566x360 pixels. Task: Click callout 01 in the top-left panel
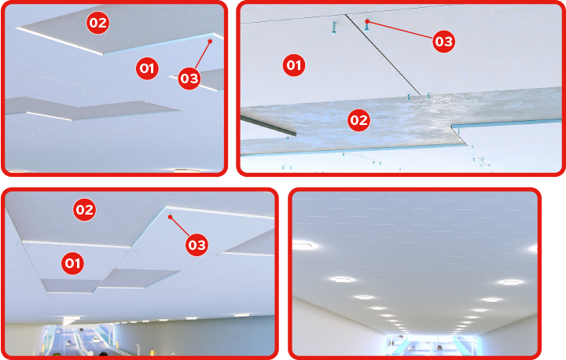(x=147, y=68)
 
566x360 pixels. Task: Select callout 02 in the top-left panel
(x=97, y=23)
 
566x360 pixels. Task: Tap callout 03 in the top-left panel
(x=189, y=79)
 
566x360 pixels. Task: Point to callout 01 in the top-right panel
(x=294, y=65)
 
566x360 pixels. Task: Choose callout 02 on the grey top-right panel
(x=358, y=120)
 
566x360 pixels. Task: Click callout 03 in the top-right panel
(x=443, y=42)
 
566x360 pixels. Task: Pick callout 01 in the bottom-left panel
(x=72, y=263)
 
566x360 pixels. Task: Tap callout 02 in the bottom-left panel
(x=84, y=209)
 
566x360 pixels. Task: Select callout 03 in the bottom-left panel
(x=197, y=245)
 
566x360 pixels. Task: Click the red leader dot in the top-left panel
(x=210, y=41)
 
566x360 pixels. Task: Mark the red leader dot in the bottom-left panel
(x=170, y=217)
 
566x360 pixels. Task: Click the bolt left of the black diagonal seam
(x=334, y=28)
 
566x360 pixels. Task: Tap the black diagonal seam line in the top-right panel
(x=382, y=55)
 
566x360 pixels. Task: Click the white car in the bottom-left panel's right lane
(x=96, y=340)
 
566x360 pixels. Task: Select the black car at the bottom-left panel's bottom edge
(x=103, y=354)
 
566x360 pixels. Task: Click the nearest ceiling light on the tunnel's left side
(x=303, y=246)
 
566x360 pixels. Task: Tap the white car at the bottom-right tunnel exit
(x=411, y=347)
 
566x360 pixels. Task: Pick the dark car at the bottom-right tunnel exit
(x=439, y=348)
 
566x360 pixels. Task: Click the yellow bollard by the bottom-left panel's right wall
(x=152, y=352)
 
